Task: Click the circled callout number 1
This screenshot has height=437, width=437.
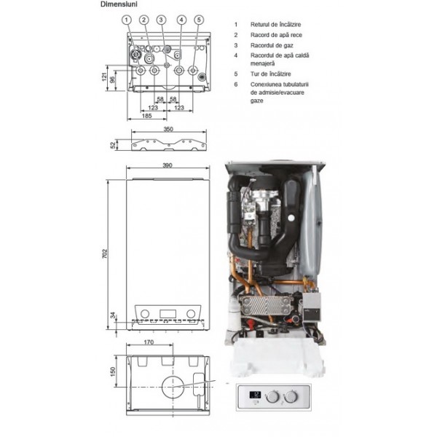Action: [127, 20]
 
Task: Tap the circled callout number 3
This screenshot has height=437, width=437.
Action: [161, 20]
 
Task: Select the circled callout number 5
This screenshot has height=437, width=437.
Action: [199, 20]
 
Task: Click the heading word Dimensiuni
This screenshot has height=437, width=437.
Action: [119, 4]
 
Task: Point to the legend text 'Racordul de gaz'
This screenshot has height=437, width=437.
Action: [272, 45]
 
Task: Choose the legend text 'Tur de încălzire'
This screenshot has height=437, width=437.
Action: [271, 74]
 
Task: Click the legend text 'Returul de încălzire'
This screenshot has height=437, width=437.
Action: [275, 25]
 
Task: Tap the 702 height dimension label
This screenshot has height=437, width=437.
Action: [105, 254]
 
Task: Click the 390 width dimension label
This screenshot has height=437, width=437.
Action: [168, 165]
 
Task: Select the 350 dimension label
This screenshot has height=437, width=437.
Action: [168, 129]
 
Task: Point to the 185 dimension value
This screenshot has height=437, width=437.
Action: [147, 116]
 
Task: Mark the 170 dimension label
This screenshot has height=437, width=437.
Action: [149, 342]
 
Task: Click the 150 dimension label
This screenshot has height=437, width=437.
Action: [113, 371]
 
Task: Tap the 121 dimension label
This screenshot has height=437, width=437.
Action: [104, 77]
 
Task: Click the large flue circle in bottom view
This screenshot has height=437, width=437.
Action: [173, 387]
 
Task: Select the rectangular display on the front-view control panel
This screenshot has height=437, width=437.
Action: [168, 314]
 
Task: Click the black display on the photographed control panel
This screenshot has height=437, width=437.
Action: [256, 395]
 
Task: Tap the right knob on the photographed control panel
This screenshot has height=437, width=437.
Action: [291, 396]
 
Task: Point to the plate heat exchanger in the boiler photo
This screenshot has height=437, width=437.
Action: [266, 305]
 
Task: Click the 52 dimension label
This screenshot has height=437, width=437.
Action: [113, 145]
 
